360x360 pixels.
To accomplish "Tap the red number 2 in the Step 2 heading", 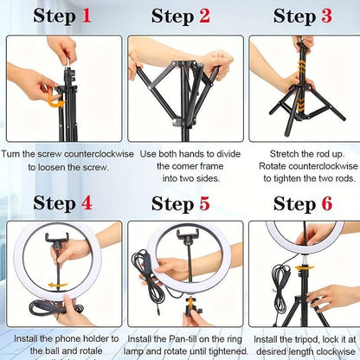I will point(204,16).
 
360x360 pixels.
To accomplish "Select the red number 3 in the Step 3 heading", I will point(326,16).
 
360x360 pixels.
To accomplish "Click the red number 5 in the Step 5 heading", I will point(204,203).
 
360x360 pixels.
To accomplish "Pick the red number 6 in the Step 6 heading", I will point(326,203).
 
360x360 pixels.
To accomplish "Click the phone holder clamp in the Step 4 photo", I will point(62,238).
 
